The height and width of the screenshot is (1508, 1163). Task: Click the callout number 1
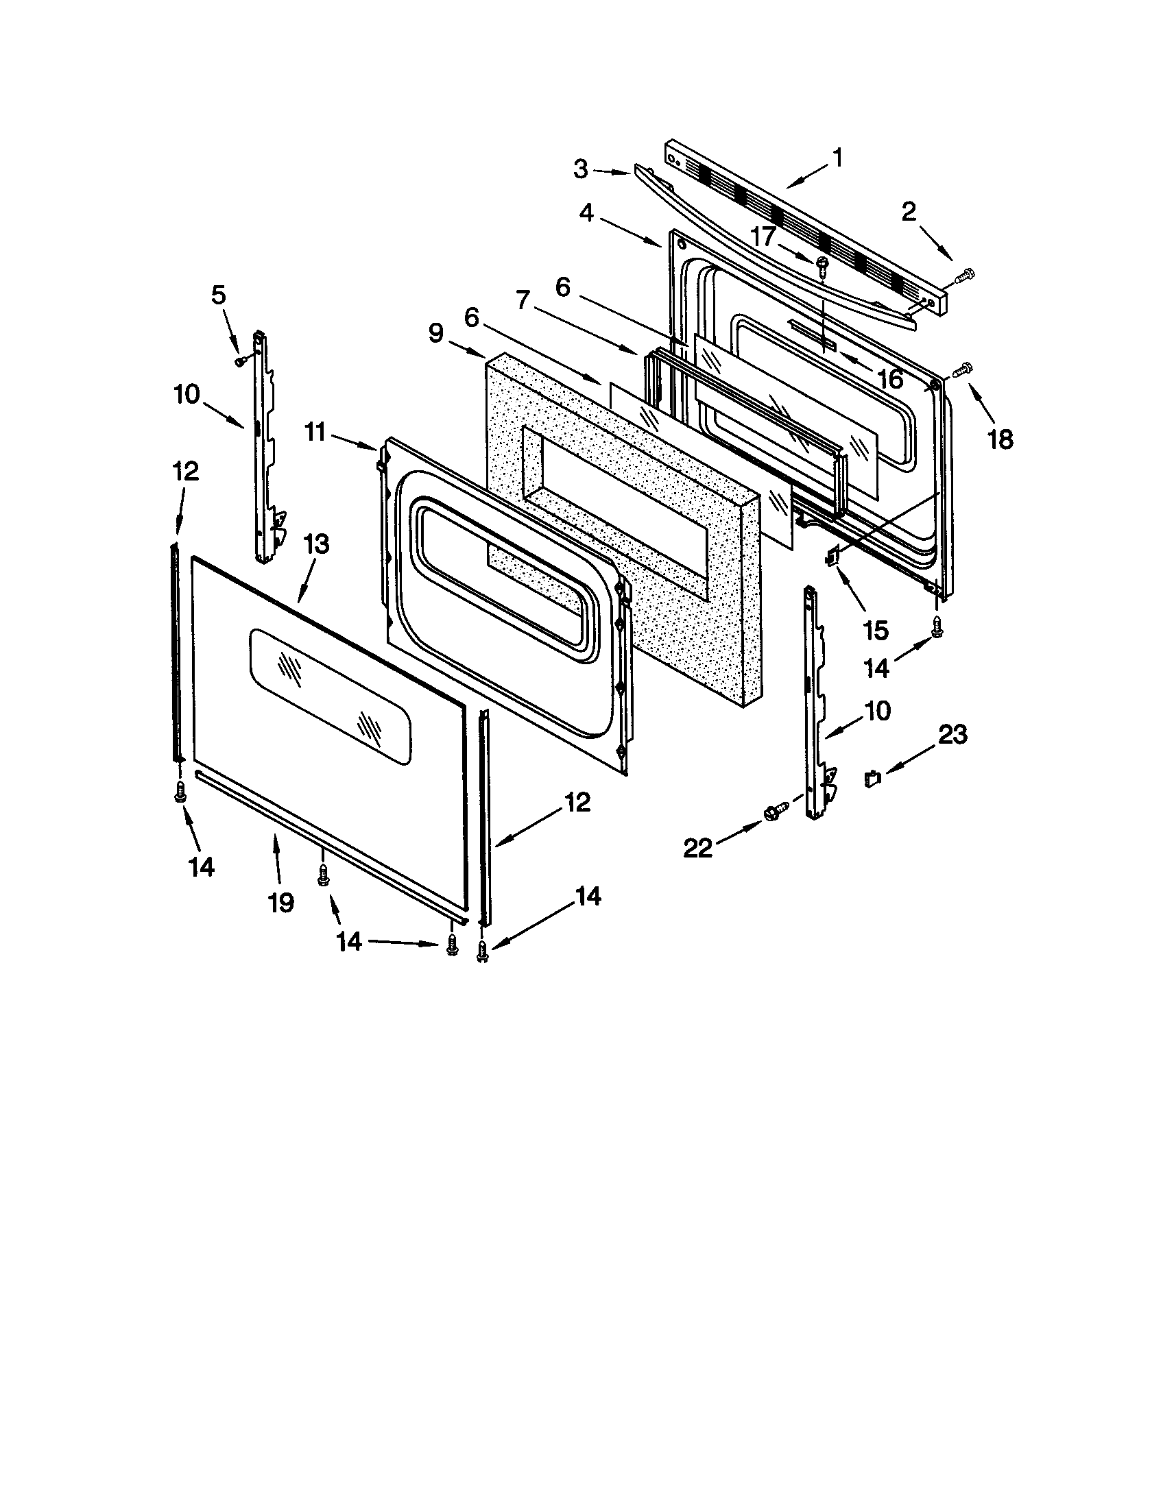[837, 160]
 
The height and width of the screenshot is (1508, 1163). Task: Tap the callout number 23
[951, 735]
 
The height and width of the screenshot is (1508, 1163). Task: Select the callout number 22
[697, 848]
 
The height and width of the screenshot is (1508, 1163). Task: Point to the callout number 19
[280, 902]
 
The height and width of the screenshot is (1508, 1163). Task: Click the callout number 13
[315, 545]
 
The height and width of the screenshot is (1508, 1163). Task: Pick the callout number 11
[315, 433]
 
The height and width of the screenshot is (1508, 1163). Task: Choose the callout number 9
[435, 334]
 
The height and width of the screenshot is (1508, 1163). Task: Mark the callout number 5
[217, 295]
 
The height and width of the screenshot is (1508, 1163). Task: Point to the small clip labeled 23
[873, 778]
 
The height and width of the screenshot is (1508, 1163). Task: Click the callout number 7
[522, 301]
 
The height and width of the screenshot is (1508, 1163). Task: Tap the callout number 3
[581, 169]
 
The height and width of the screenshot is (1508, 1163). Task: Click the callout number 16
[891, 378]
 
